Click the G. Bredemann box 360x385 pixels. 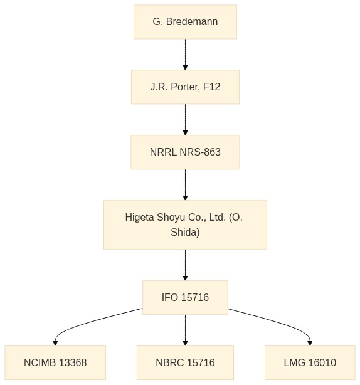coord(185,22)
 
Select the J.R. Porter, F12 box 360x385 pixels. coord(185,87)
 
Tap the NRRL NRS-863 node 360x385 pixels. coord(185,152)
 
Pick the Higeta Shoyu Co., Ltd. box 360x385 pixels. coord(185,225)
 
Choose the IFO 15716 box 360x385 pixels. coord(185,298)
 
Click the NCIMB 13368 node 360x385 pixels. coord(55,362)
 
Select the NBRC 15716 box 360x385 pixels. coord(185,362)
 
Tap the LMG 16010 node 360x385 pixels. coord(310,362)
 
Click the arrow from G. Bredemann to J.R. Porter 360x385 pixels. coord(185,55)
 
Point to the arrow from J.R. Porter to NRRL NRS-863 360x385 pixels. coord(185,120)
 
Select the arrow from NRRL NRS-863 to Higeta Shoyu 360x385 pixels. coord(185,184)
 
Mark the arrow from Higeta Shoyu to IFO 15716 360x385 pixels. coord(185,265)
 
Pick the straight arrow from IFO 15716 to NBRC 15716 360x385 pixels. coord(185,330)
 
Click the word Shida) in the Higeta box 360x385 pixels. coord(185,232)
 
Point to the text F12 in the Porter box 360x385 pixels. coord(212,87)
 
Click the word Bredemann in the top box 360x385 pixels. coord(192,21)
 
